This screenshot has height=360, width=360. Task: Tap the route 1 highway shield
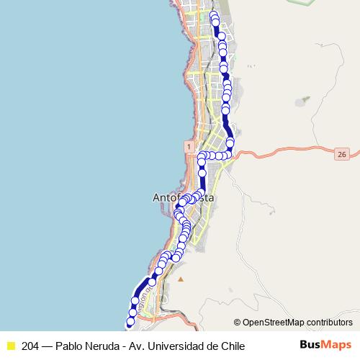tap(188, 146)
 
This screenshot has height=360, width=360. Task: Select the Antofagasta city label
tap(185, 197)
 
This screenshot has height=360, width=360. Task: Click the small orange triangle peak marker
tap(181, 279)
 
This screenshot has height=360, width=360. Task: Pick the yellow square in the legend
tap(10, 346)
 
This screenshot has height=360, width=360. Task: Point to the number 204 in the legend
tap(31, 346)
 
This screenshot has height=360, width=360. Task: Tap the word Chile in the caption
tap(231, 346)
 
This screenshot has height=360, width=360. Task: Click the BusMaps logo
tap(325, 345)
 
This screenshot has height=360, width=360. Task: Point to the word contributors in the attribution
tap(330, 323)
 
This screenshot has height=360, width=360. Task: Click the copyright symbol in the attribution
tap(238, 323)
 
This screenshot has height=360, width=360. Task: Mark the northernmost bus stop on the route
tap(213, 15)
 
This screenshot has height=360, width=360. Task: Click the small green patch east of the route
tap(305, 99)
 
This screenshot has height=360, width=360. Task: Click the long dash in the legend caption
tap(48, 346)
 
